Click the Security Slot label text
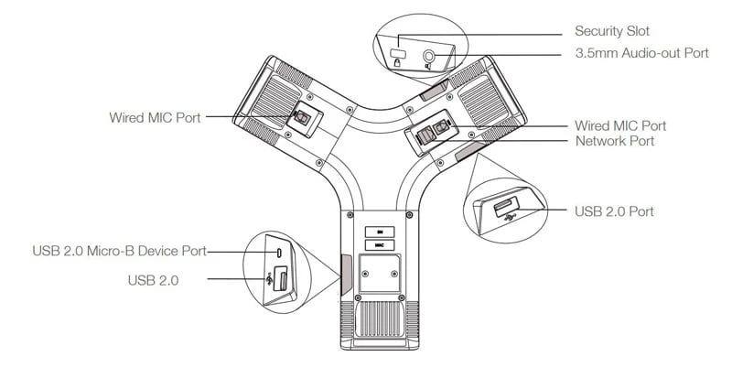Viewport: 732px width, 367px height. (x=612, y=31)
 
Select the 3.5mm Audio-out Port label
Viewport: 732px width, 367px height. (x=642, y=53)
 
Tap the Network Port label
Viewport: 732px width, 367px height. (x=615, y=141)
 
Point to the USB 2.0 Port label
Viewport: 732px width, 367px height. (x=614, y=211)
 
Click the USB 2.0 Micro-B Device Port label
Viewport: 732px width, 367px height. (x=120, y=251)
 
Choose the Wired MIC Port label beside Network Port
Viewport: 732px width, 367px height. (x=620, y=125)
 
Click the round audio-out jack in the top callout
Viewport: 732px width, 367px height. (x=428, y=56)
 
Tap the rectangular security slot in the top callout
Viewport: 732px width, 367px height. (x=398, y=53)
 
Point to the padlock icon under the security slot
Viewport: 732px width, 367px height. (x=397, y=63)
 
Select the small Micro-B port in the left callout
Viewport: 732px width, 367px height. (x=279, y=253)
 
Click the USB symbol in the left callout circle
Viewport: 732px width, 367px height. (x=269, y=279)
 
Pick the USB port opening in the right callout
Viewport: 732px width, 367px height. (x=506, y=206)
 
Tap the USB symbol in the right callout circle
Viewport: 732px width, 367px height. (x=511, y=217)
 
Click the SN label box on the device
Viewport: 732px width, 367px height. (x=380, y=232)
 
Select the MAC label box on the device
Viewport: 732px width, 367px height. (x=380, y=245)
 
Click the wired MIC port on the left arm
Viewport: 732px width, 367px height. (x=301, y=118)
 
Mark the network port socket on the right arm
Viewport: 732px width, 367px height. (x=425, y=136)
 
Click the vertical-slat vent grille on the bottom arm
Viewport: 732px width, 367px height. (x=380, y=319)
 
